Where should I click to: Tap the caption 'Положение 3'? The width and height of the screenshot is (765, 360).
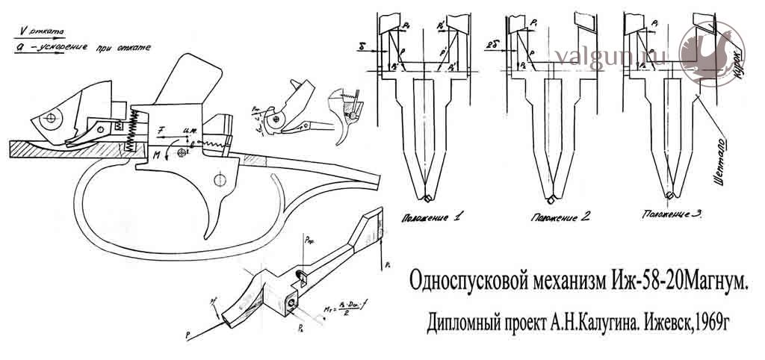672,214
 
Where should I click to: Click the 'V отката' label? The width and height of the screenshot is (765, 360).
41,31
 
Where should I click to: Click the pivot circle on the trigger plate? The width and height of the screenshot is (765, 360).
220,179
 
